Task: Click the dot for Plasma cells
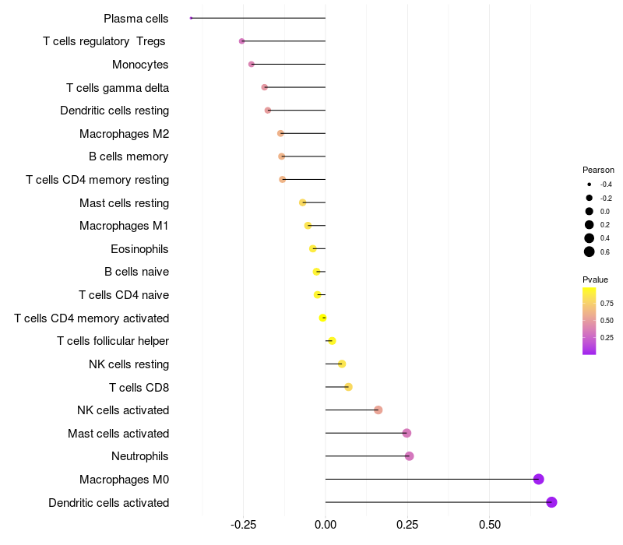click(191, 18)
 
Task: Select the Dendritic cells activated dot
click(551, 502)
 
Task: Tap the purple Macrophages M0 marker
click(538, 479)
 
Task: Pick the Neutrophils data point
click(410, 456)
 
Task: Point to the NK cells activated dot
click(378, 410)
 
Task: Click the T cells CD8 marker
click(348, 387)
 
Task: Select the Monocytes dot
click(251, 64)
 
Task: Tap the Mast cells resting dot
click(303, 202)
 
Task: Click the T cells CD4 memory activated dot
click(322, 318)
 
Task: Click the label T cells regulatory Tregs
click(104, 41)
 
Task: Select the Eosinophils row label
click(139, 249)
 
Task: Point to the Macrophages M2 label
click(125, 134)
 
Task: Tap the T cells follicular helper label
click(113, 341)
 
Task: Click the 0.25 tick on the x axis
click(407, 525)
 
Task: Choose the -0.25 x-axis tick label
click(243, 525)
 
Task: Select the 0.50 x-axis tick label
click(490, 525)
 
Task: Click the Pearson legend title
click(598, 170)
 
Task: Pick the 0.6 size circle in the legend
click(590, 251)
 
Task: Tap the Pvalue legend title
click(595, 280)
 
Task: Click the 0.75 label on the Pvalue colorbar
click(607, 304)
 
